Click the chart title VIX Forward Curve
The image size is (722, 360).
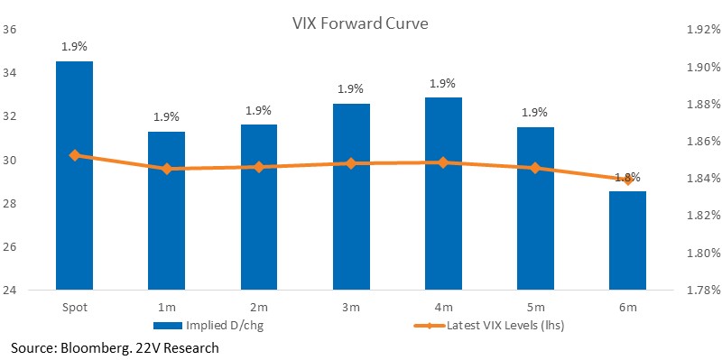coord(360,23)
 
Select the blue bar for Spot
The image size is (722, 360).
coord(75,175)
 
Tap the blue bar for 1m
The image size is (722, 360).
coord(166,211)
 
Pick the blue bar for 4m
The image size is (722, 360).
coord(443,194)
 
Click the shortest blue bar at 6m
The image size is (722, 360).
coord(627,241)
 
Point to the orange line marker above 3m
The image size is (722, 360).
coord(351,163)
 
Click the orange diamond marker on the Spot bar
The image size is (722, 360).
coord(75,155)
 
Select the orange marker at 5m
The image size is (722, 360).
coord(535,168)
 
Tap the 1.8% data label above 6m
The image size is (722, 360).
coord(629,177)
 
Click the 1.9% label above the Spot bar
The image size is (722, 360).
coord(75,47)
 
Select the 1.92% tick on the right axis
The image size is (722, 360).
coord(702,30)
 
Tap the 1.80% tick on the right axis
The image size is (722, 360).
coord(702,253)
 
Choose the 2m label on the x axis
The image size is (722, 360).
coord(259,307)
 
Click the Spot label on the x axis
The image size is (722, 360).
coord(75,308)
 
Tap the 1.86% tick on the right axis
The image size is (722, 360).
coord(702,142)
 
